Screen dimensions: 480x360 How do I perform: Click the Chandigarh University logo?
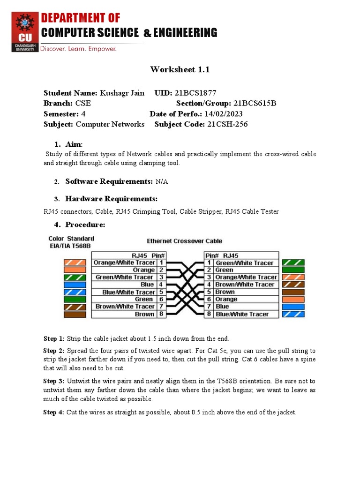[x=25, y=31]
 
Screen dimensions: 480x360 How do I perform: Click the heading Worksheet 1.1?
[x=180, y=69]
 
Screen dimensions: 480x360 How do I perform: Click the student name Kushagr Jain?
[x=122, y=93]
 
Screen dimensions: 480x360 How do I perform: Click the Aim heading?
[x=74, y=144]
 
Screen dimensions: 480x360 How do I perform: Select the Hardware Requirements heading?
[x=111, y=198]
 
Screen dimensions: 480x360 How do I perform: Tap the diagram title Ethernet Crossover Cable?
[x=185, y=241]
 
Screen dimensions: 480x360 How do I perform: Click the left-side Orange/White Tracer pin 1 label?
[x=124, y=263]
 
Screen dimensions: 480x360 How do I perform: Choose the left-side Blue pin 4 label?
[x=147, y=285]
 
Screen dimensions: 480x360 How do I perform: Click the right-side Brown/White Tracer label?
[x=245, y=285]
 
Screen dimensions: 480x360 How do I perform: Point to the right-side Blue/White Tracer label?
[x=242, y=314]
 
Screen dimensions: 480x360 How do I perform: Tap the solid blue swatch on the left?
[x=75, y=285]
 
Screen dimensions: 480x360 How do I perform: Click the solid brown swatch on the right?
[x=293, y=292]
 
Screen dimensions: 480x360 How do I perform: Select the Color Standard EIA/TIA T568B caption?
[x=71, y=242]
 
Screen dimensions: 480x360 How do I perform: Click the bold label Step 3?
[x=54, y=381]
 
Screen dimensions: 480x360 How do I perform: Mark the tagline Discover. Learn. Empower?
[x=78, y=49]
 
